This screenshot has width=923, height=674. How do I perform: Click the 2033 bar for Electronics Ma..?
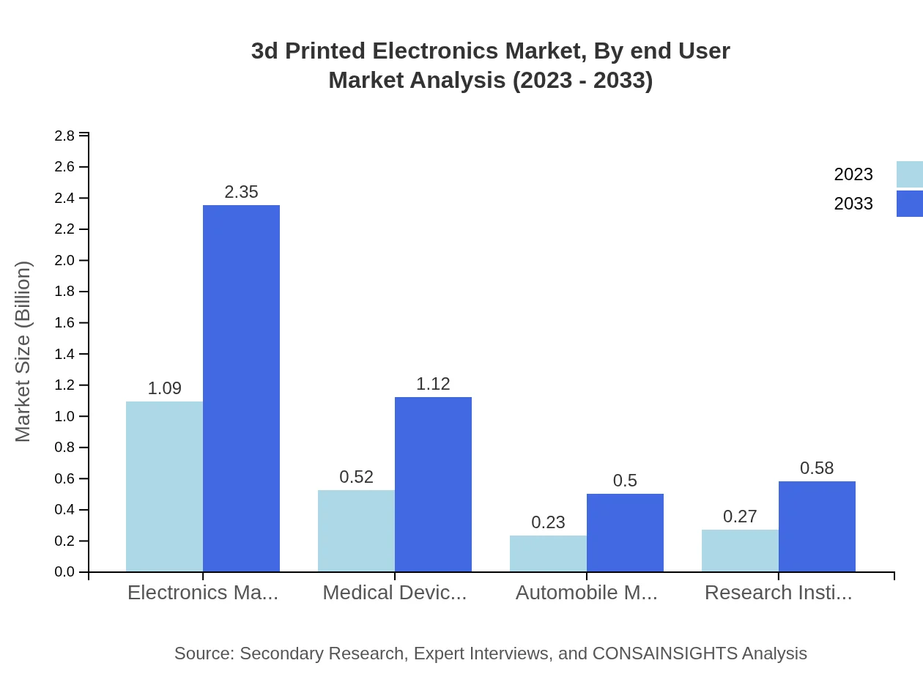pyautogui.click(x=241, y=388)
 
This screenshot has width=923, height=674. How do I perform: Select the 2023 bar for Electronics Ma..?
pyautogui.click(x=164, y=486)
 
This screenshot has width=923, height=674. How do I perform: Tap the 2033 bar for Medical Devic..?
pyautogui.click(x=433, y=484)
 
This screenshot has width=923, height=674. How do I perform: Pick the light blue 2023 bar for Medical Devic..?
pyautogui.click(x=356, y=531)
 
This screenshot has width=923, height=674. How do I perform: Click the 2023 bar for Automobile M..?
pyautogui.click(x=548, y=554)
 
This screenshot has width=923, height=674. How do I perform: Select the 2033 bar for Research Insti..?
pyautogui.click(x=817, y=527)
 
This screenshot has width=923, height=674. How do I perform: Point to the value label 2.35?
pyautogui.click(x=241, y=192)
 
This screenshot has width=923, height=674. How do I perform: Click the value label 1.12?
pyautogui.click(x=433, y=384)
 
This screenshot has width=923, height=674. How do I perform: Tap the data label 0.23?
pyautogui.click(x=548, y=522)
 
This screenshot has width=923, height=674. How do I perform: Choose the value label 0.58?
pyautogui.click(x=817, y=468)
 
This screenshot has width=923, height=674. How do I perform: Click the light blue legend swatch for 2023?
pyautogui.click(x=909, y=174)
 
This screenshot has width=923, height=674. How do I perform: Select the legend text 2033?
pyautogui.click(x=853, y=204)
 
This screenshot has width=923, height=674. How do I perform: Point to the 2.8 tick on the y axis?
pyautogui.click(x=64, y=136)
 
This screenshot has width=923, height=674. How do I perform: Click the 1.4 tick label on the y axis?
pyautogui.click(x=64, y=354)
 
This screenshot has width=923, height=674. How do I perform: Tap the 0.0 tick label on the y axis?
pyautogui.click(x=64, y=572)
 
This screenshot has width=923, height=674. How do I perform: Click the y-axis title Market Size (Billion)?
pyautogui.click(x=23, y=352)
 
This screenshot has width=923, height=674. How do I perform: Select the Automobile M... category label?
pyautogui.click(x=586, y=593)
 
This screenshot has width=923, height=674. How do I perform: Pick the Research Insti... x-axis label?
pyautogui.click(x=778, y=593)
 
